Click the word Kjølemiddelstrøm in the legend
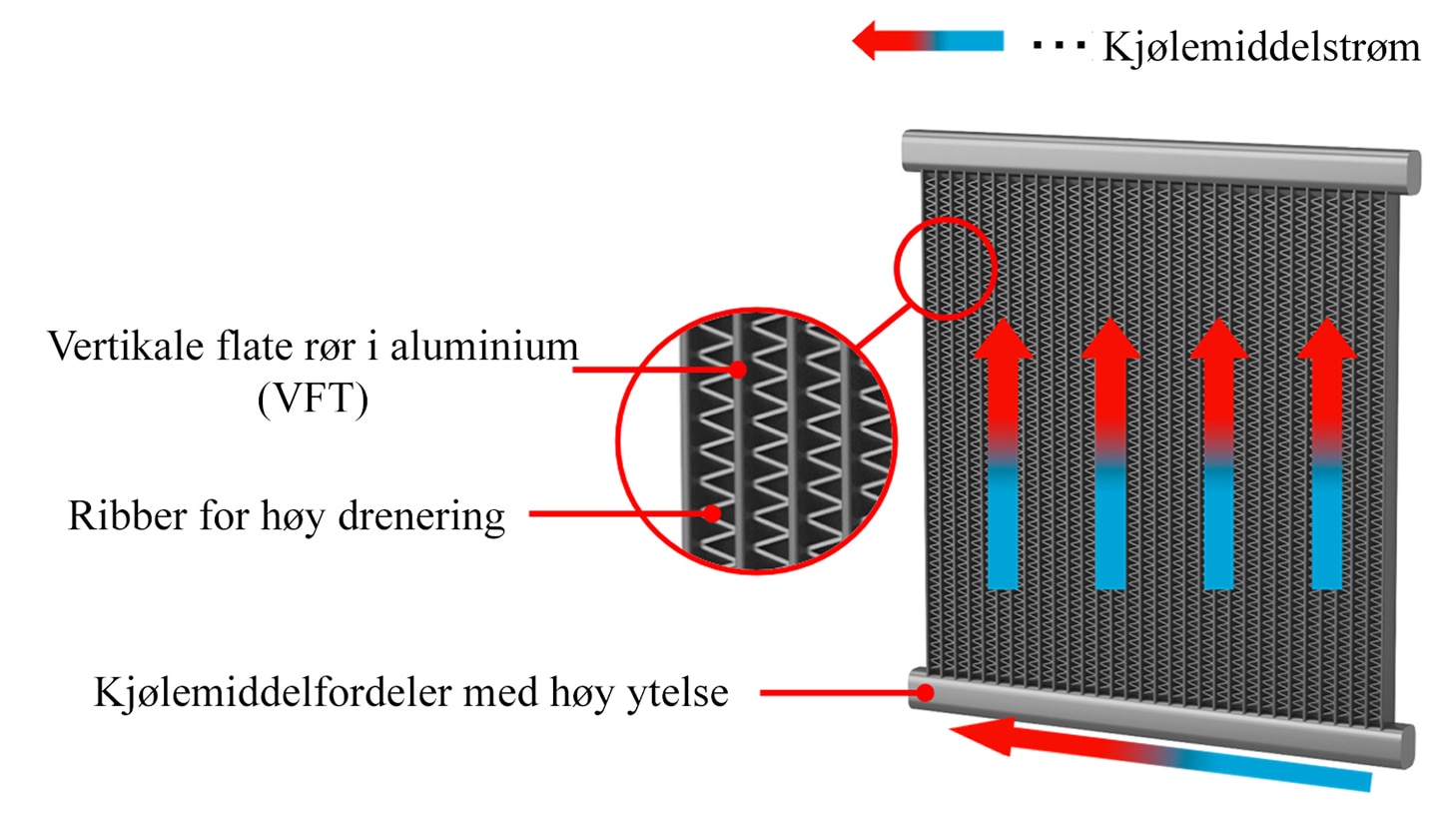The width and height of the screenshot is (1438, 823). coord(1261,47)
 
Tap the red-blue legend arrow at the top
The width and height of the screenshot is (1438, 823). coord(928,40)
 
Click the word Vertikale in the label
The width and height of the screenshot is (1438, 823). coord(124,346)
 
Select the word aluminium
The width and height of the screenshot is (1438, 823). coord(484,346)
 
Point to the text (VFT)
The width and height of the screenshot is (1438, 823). coord(313,399)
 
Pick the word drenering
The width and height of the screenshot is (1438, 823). coord(421,517)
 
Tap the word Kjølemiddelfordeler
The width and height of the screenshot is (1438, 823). coord(274,693)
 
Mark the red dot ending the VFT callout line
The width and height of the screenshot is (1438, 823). coord(738,370)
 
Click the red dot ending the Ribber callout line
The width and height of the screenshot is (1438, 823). coord(711,513)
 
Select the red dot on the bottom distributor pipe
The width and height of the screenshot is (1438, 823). coord(925,693)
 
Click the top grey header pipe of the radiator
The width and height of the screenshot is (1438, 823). coord(1160,161)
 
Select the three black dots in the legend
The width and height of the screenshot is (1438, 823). coord(1060,45)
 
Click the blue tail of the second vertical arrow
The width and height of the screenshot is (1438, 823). coord(1110,526)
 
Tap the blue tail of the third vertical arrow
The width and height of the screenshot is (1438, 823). coord(1218,526)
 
